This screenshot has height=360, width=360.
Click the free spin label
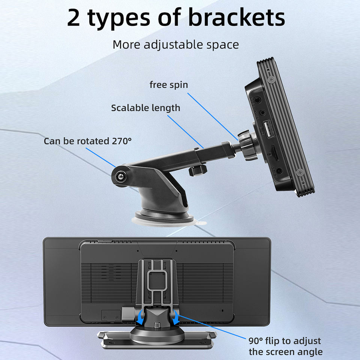click(x=169, y=85)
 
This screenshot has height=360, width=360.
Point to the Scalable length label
click(x=145, y=108)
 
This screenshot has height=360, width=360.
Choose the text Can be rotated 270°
click(x=87, y=141)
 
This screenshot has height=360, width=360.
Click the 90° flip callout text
click(x=285, y=346)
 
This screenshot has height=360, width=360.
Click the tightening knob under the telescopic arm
click(x=198, y=169)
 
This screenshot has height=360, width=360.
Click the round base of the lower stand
click(x=157, y=335)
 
